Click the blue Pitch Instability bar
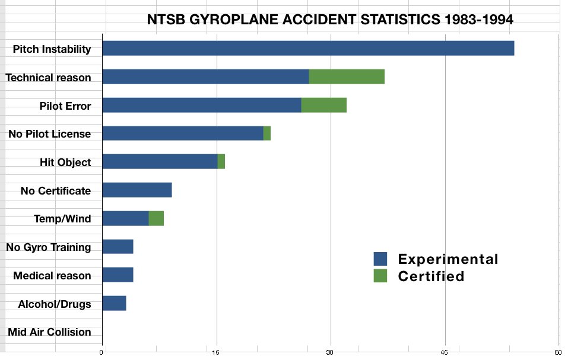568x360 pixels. pos(307,49)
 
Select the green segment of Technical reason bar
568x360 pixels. pos(347,77)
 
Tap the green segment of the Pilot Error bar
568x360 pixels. pos(323,105)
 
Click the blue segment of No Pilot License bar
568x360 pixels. pos(182,133)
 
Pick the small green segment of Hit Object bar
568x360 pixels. pos(221,161)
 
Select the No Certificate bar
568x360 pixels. pos(137,190)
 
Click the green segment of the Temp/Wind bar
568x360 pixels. pos(156,218)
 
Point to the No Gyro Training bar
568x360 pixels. pos(118,247)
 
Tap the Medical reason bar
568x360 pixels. pos(118,275)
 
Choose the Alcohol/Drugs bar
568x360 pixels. pos(114,304)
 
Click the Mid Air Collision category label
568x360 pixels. pos(49,332)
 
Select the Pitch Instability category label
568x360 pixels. pos(52,49)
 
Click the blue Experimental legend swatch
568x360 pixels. pos(380,259)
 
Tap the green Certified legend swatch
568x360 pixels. pos(380,276)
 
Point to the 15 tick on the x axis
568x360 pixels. pos(216,352)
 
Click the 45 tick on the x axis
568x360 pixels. pos(445,352)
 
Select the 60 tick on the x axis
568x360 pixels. pos(558,352)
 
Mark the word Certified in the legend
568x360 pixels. pos(431,276)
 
